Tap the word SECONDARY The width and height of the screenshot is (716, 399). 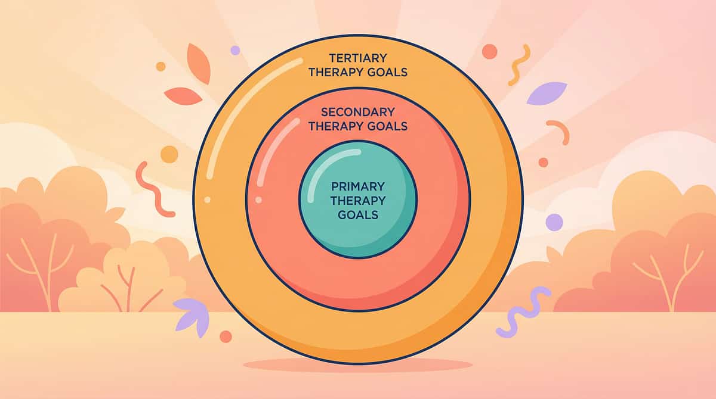pos(357,111)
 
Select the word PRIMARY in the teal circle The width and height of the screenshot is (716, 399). pos(357,186)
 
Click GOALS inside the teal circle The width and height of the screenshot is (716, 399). pos(357,214)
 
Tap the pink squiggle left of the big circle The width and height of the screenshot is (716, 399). pos(148,188)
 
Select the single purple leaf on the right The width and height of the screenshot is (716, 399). pos(546,93)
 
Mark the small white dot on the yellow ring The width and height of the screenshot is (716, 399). pos(206,199)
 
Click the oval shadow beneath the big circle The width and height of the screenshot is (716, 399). pos(357,364)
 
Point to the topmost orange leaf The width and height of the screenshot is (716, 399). pos(198,63)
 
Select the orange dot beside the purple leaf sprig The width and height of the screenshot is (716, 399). pos(226,336)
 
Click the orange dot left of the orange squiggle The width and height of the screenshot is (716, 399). pos(489,51)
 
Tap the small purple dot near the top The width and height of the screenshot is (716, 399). pos(235,51)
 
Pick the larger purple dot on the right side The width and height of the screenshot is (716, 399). pos(554,222)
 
